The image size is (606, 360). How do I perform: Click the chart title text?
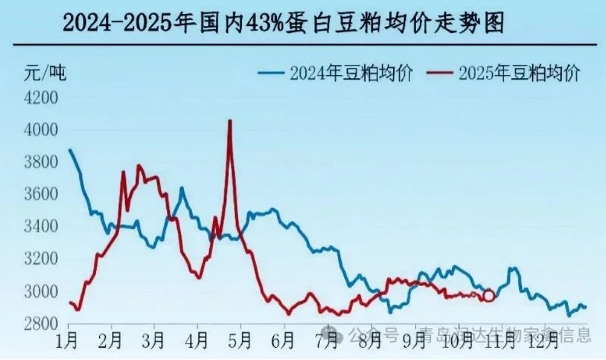point(283,24)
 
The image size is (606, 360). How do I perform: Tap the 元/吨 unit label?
point(46,73)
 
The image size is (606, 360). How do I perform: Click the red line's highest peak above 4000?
point(230,121)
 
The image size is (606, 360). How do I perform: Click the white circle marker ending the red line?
point(489,296)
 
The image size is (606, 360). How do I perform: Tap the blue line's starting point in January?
point(70,149)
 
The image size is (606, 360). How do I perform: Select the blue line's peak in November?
point(514,267)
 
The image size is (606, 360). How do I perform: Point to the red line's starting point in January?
point(70,303)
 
